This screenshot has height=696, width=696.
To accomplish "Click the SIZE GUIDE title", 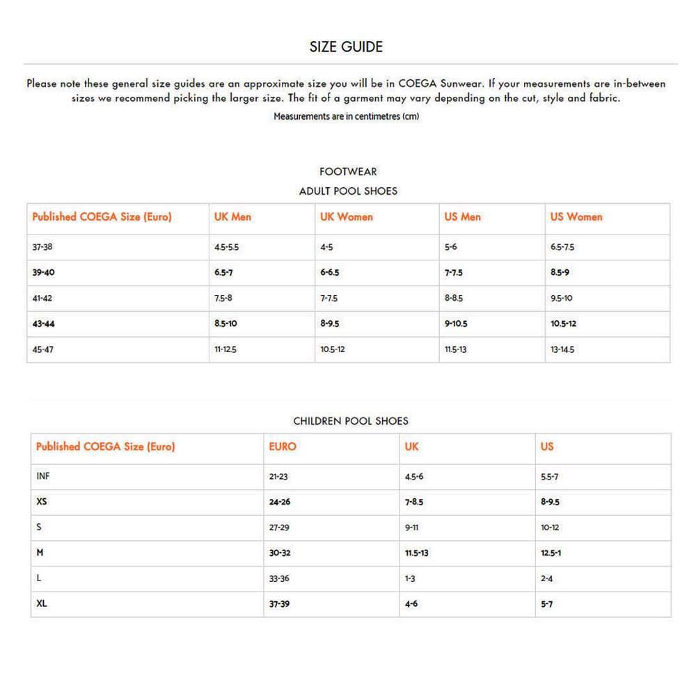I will [x=346, y=47].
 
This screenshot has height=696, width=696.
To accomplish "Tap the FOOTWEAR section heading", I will [x=348, y=171].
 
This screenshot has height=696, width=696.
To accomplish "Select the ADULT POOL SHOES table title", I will [x=348, y=191].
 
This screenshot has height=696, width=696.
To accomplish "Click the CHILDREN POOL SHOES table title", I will [x=351, y=421].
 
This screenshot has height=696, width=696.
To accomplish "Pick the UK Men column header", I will [x=232, y=217].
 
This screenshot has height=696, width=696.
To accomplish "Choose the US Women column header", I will [x=576, y=217].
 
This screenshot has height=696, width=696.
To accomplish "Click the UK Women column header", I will [x=347, y=217].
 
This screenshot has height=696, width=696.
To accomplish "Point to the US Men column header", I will [x=463, y=217].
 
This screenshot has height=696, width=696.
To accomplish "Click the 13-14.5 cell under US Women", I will [x=562, y=349].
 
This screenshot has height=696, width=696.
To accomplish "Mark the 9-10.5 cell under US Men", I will [x=456, y=324].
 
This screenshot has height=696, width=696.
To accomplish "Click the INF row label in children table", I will [x=42, y=477].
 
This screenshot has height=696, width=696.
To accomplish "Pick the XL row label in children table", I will [x=42, y=603].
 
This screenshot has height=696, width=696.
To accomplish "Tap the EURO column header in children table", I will [x=283, y=447].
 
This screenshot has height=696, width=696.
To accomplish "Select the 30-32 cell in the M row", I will [x=279, y=553].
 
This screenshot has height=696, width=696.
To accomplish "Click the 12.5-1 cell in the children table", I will [x=551, y=553].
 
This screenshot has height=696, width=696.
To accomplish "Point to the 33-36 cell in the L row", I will [x=279, y=578].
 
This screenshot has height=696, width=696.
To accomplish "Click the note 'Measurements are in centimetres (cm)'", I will [x=346, y=116].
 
